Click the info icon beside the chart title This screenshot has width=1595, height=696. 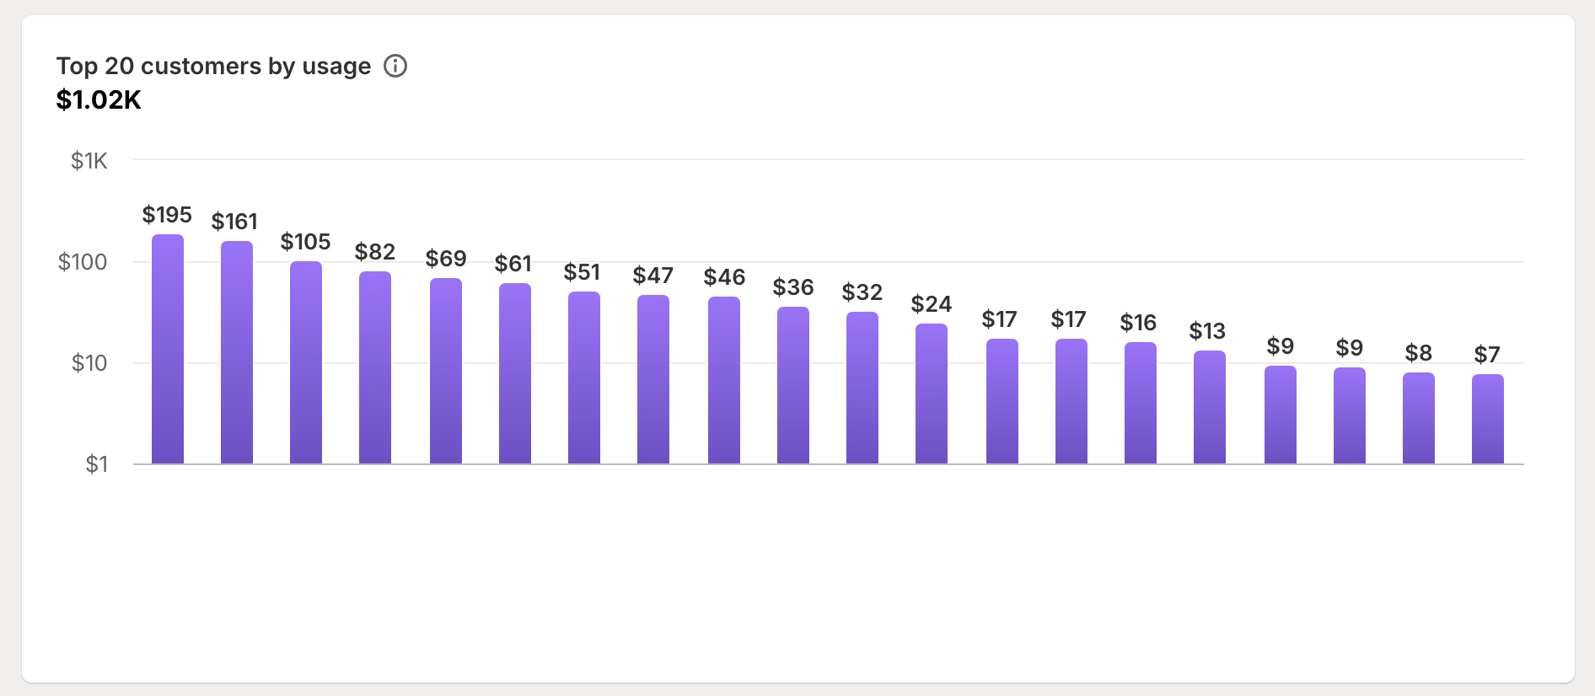[x=395, y=66]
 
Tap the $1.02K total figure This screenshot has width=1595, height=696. [x=99, y=100]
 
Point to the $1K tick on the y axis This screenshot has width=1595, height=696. [x=89, y=161]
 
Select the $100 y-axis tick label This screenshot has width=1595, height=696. [x=83, y=262]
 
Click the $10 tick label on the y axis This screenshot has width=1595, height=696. [x=89, y=363]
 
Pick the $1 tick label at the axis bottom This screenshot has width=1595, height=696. [x=96, y=464]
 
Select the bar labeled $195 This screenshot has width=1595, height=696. [x=168, y=350]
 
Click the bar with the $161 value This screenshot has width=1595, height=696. [x=237, y=353]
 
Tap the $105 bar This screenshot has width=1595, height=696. [x=306, y=363]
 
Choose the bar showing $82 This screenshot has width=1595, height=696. [x=375, y=368]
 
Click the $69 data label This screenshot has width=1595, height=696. [x=446, y=258]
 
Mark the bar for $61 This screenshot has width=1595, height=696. [x=515, y=374]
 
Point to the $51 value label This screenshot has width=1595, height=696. [x=583, y=272]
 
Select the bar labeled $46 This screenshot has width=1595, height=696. [x=724, y=381]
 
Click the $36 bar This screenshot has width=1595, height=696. [x=793, y=386]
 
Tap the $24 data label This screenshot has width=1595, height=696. [x=932, y=304]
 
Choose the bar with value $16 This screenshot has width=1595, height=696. [x=1141, y=404]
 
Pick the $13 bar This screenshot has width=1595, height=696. [x=1210, y=408]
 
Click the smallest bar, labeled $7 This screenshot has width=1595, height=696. [x=1488, y=420]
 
